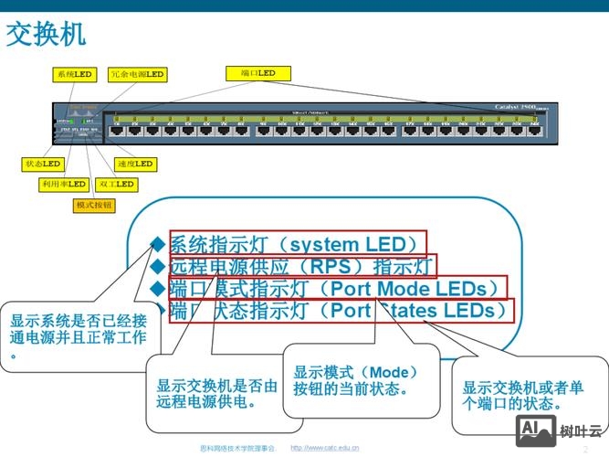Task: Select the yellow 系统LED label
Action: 74,74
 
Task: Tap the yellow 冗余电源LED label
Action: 137,74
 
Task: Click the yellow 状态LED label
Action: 42,165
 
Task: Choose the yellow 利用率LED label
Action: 63,184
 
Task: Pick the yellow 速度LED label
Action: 135,165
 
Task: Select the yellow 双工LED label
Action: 116,184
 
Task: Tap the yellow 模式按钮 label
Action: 94,205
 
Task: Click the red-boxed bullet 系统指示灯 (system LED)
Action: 297,244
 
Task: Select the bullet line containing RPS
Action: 301,266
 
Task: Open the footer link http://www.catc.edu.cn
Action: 324,448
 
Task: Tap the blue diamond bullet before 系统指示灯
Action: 157,244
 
